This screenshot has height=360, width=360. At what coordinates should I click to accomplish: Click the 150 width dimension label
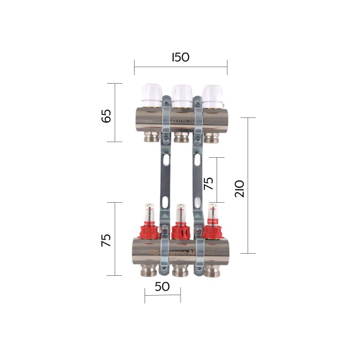tap(180, 57)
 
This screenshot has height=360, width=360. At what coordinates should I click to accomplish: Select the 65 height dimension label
tap(106, 116)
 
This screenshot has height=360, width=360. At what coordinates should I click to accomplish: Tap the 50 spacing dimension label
tap(162, 287)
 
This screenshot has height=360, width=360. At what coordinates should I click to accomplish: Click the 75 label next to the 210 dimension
tap(208, 183)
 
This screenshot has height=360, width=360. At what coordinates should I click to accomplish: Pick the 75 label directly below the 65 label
tap(106, 239)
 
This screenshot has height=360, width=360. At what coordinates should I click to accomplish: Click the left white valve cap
tap(151, 94)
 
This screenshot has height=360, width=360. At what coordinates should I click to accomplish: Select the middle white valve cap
tap(181, 94)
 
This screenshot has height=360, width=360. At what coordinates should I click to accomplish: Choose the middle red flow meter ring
tap(180, 231)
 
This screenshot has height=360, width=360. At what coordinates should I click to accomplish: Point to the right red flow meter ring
tap(211, 231)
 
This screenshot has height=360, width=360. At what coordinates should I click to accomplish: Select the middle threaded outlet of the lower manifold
tap(180, 270)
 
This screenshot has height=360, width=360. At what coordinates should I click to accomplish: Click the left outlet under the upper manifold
tap(151, 137)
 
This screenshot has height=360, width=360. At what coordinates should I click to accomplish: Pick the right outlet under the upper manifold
tap(210, 137)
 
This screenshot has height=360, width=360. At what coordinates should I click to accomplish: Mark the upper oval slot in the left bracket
tap(167, 160)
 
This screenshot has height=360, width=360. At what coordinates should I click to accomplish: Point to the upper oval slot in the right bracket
tap(197, 159)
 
